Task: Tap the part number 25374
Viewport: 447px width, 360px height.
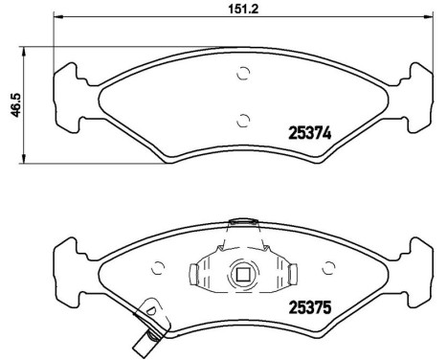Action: click(x=309, y=135)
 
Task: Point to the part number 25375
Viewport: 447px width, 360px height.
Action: click(x=309, y=307)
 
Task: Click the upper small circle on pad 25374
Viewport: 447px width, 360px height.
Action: click(x=242, y=76)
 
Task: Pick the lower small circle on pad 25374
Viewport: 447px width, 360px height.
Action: click(x=242, y=119)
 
